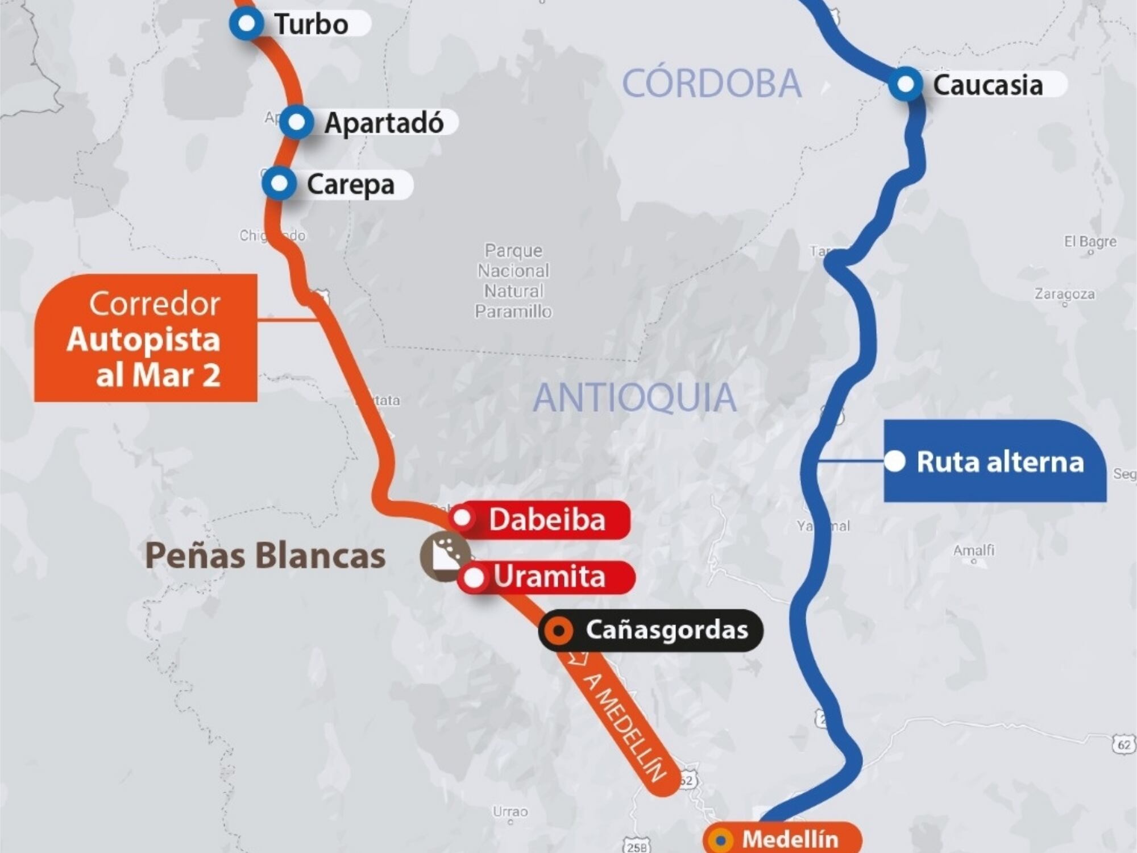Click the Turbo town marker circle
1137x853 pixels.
pos(246,24)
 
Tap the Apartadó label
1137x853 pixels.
pos(384,123)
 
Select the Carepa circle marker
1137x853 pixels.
pos(279,184)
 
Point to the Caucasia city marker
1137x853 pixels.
pos(905,85)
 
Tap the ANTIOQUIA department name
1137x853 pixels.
pos(634,397)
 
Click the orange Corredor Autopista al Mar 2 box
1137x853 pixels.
pos(146,338)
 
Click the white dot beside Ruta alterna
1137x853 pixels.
pos(895,461)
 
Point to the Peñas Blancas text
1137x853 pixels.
pos(265,556)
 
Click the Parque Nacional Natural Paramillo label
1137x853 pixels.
pos(513,281)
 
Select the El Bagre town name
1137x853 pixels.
pos(1090,242)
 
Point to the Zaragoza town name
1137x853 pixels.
pos(1064,294)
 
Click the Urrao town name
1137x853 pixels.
pos(510,811)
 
